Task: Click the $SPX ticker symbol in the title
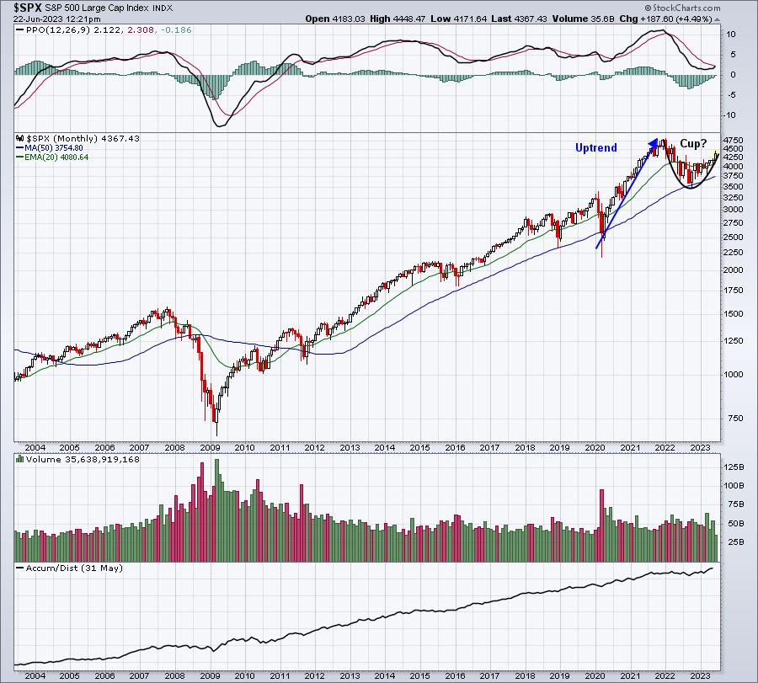click(x=28, y=8)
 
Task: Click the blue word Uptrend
click(x=596, y=148)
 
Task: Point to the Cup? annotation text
click(x=693, y=143)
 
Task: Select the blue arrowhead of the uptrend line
click(x=653, y=142)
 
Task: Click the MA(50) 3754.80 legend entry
click(x=50, y=148)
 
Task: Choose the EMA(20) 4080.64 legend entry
click(x=52, y=157)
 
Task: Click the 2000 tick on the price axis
click(x=734, y=269)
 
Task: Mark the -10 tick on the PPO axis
click(x=730, y=115)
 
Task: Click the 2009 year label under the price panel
click(x=210, y=447)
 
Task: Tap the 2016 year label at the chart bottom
click(x=455, y=675)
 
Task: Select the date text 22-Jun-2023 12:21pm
click(x=57, y=19)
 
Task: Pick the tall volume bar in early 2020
click(x=602, y=526)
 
